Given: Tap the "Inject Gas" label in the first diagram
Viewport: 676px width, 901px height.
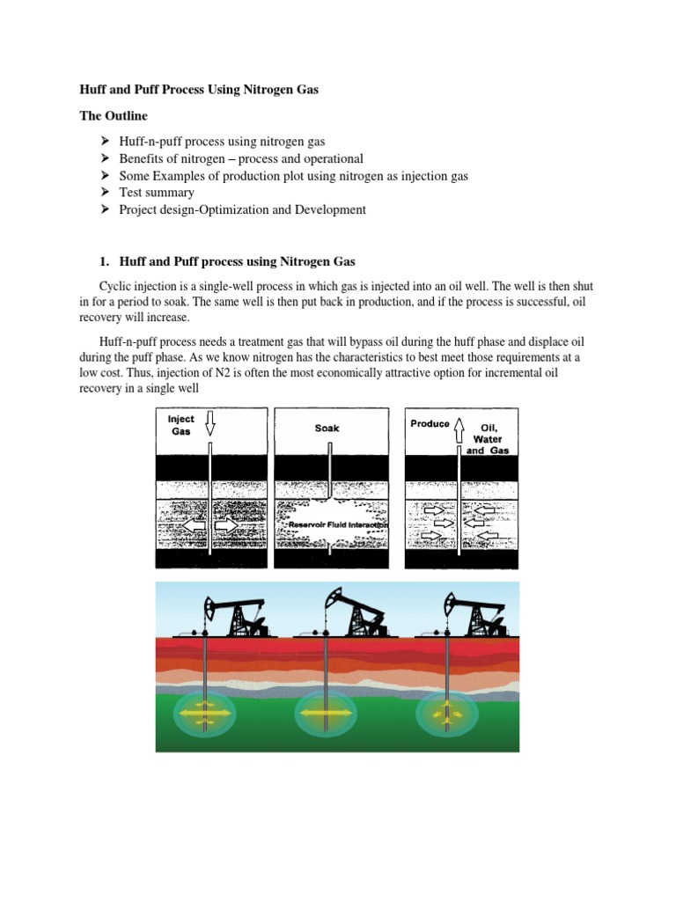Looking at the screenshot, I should click(181, 426).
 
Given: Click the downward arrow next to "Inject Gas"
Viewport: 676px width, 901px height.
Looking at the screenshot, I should click(209, 426).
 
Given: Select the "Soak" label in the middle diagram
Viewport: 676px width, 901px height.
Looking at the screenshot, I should click(327, 428).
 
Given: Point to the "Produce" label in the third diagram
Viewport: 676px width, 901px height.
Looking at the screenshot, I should click(430, 423).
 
